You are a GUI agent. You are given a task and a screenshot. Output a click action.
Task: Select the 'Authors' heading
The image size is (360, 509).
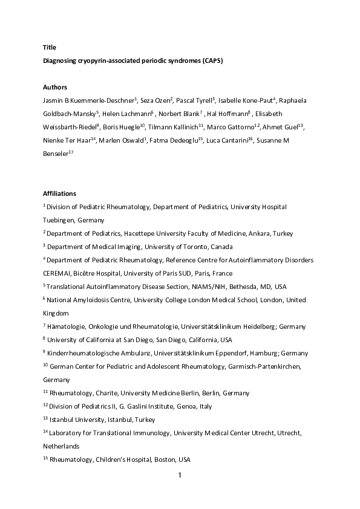(x=54, y=87)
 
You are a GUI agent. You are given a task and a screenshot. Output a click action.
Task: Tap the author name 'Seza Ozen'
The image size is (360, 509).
(x=155, y=100)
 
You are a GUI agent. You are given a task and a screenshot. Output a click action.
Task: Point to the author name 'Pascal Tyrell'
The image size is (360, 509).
(x=194, y=100)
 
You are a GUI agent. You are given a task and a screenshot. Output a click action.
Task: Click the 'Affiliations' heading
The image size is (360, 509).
(x=59, y=193)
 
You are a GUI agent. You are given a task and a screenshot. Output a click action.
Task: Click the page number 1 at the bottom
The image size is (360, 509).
(x=180, y=475)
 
